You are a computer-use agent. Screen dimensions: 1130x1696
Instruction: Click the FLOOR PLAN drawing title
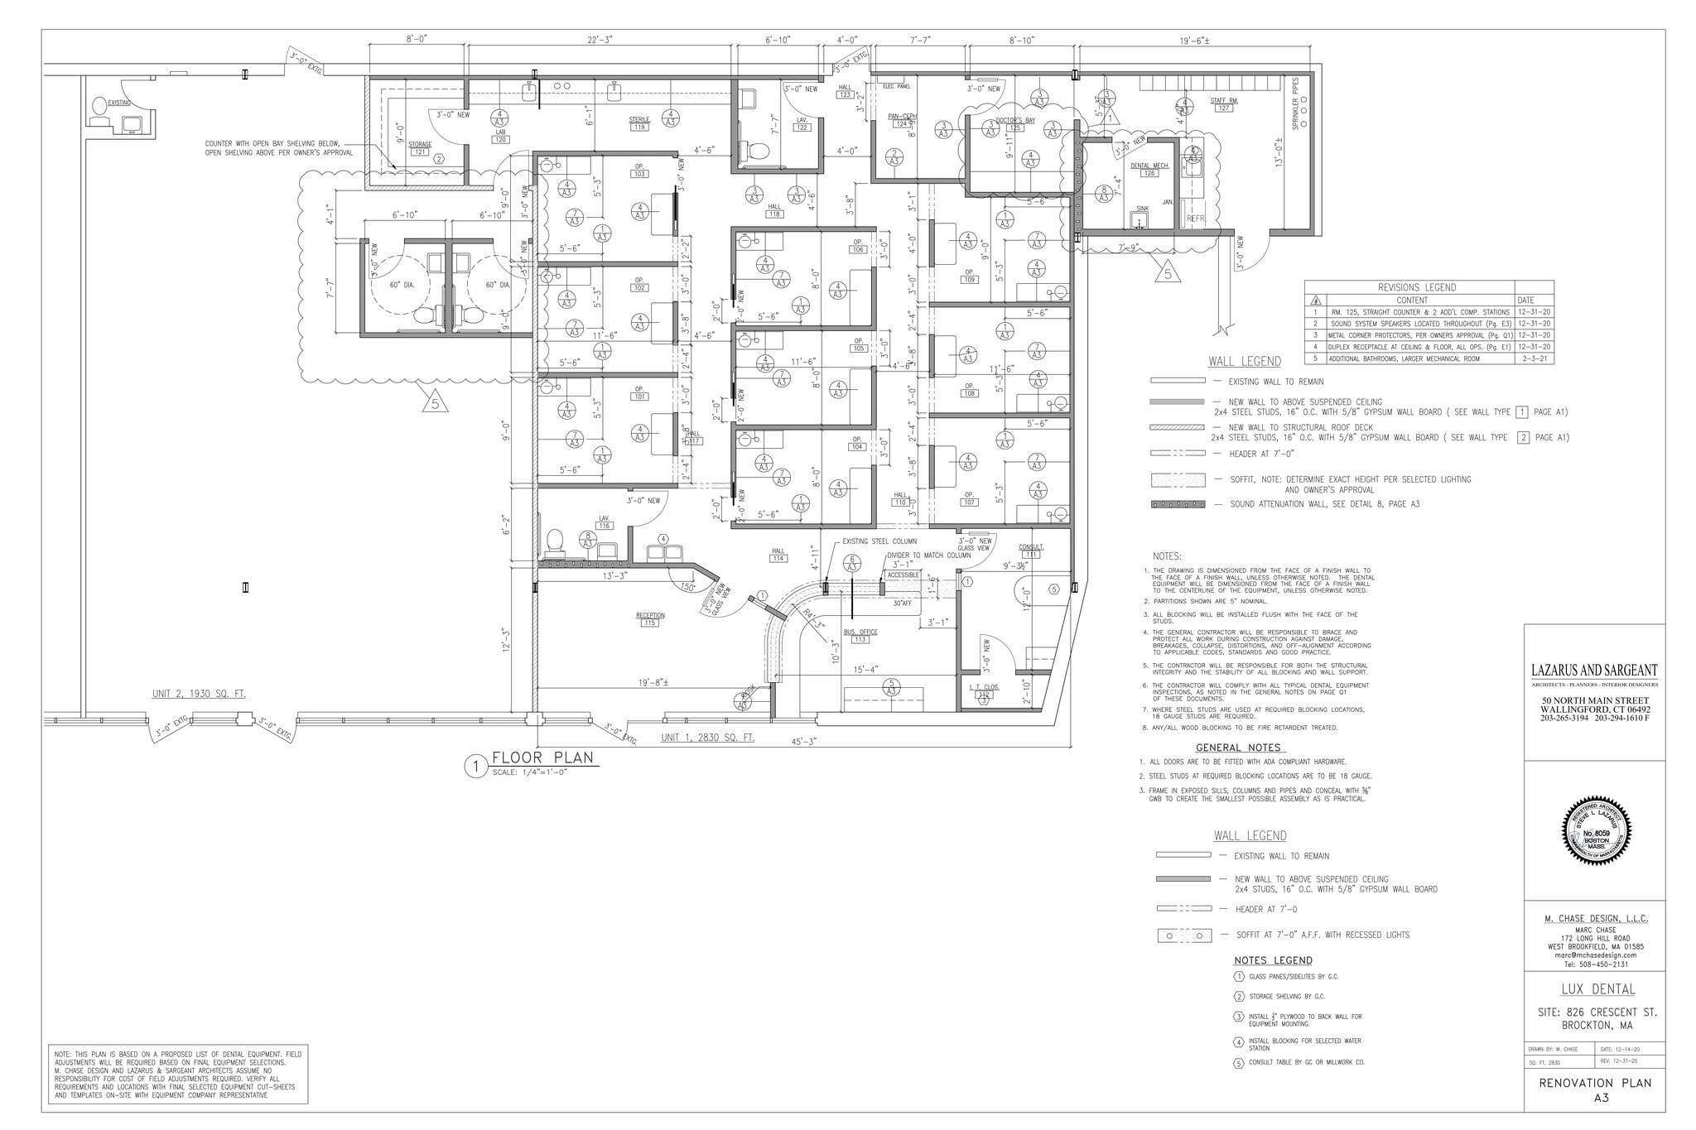coord(542,757)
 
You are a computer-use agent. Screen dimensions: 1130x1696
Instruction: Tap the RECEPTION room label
coord(650,615)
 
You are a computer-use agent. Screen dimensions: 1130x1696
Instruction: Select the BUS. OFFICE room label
coord(860,632)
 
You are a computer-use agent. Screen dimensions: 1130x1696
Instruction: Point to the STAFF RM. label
coord(1223,100)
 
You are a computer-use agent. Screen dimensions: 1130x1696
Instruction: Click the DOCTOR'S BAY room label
coord(1015,120)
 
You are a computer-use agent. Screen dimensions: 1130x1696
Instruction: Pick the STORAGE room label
coord(421,144)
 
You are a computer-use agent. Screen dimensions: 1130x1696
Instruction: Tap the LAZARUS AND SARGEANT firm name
coord(1594,671)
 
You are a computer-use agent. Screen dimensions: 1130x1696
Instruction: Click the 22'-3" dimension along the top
coord(600,40)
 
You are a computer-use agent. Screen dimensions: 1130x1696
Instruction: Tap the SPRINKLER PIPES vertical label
coord(1296,103)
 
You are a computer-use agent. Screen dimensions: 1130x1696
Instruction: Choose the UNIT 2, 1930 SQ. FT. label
coord(199,694)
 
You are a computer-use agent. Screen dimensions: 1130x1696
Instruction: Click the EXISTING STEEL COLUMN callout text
coord(879,541)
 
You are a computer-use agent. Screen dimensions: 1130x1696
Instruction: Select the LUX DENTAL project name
coord(1594,989)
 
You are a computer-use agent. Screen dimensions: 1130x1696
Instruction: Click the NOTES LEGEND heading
coord(1273,960)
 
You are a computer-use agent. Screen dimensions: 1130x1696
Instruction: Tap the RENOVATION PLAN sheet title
coord(1594,1083)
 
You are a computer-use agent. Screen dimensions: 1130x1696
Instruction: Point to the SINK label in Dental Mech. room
coord(1142,209)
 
